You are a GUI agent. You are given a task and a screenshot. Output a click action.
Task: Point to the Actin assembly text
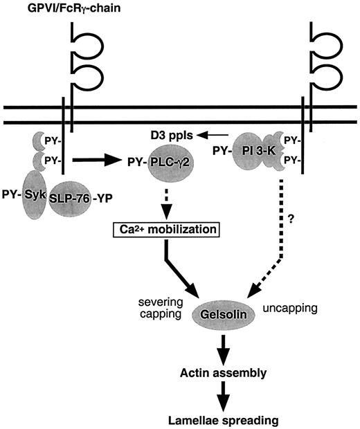[222, 372]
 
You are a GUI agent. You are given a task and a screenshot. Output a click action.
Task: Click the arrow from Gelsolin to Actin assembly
[223, 344]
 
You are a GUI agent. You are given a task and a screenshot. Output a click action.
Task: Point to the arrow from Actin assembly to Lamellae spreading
[223, 396]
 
